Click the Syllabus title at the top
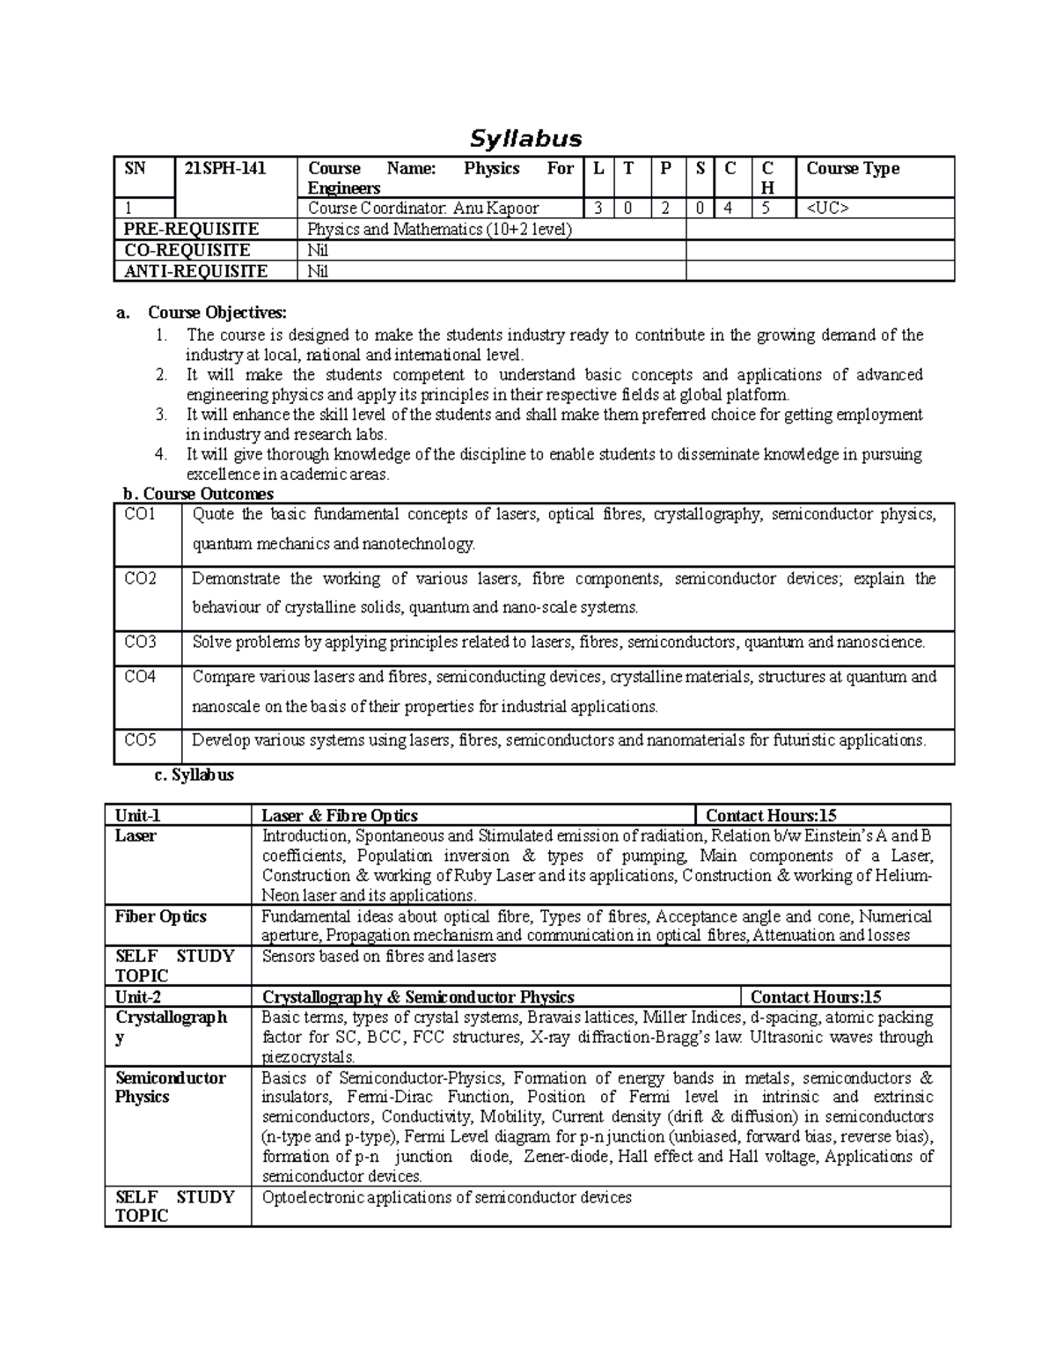(525, 139)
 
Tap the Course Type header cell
(852, 168)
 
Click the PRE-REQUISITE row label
(191, 230)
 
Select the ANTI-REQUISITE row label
(195, 271)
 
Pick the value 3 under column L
(598, 209)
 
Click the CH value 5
(766, 209)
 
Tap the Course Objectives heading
(216, 312)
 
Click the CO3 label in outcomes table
(140, 642)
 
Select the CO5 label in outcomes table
(140, 740)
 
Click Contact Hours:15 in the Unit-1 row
(771, 816)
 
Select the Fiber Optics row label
(160, 916)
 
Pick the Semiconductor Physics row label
(170, 1087)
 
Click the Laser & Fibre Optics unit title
(340, 816)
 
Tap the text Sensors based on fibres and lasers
(378, 956)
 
